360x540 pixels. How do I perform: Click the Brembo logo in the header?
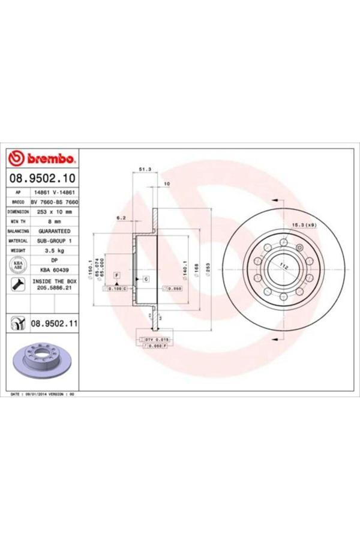(x=42, y=158)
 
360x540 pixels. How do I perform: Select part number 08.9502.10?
(x=42, y=178)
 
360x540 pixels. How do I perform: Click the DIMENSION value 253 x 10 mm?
(x=55, y=212)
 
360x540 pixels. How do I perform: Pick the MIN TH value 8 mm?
(x=55, y=221)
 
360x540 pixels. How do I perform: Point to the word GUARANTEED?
(x=55, y=231)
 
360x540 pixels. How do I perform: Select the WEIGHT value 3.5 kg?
(x=55, y=250)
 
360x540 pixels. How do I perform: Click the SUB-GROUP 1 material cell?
(x=55, y=241)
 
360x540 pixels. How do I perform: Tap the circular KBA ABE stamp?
(x=17, y=265)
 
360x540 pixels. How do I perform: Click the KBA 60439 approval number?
(x=55, y=271)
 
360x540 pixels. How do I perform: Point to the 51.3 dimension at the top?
(x=144, y=170)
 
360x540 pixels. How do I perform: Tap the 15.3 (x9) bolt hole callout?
(x=303, y=224)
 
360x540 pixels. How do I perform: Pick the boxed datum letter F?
(x=116, y=274)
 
